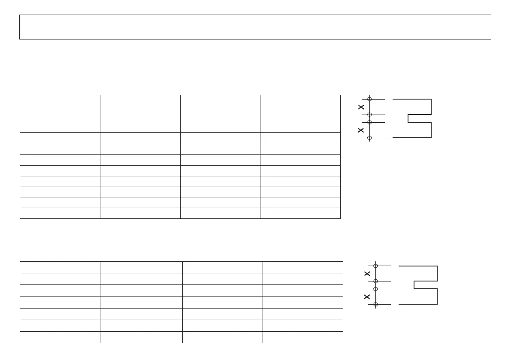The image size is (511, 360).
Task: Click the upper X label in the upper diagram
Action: [x=361, y=107]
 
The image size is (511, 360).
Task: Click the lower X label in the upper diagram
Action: [x=361, y=130]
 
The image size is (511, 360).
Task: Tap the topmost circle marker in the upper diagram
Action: [x=369, y=99]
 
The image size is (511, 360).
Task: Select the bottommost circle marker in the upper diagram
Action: [x=369, y=138]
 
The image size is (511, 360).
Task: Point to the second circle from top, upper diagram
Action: [x=369, y=115]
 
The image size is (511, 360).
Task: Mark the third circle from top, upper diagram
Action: [x=369, y=122]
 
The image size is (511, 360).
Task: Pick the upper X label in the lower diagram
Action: [x=367, y=273]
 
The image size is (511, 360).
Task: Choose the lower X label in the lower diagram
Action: [x=367, y=296]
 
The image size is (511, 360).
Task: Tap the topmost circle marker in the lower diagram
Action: [x=375, y=266]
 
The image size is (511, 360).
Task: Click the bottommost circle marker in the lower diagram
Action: [x=375, y=304]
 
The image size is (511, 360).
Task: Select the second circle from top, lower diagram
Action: [x=375, y=281]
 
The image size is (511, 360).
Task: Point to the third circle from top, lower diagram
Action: [x=375, y=289]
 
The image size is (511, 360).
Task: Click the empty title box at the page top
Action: [x=255, y=27]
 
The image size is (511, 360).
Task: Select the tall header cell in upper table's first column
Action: [x=60, y=114]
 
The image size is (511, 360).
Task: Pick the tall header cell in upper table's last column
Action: [x=300, y=114]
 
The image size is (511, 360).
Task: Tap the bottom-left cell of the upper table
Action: [x=60, y=213]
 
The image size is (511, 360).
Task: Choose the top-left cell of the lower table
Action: [x=60, y=267]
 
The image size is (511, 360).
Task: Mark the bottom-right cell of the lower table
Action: [x=302, y=337]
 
